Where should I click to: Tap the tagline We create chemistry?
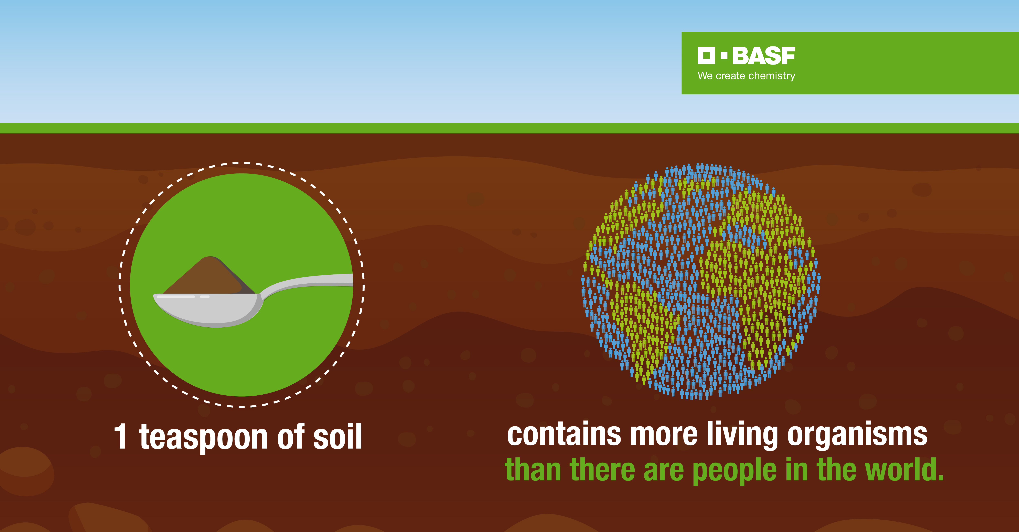pyautogui.click(x=746, y=76)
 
